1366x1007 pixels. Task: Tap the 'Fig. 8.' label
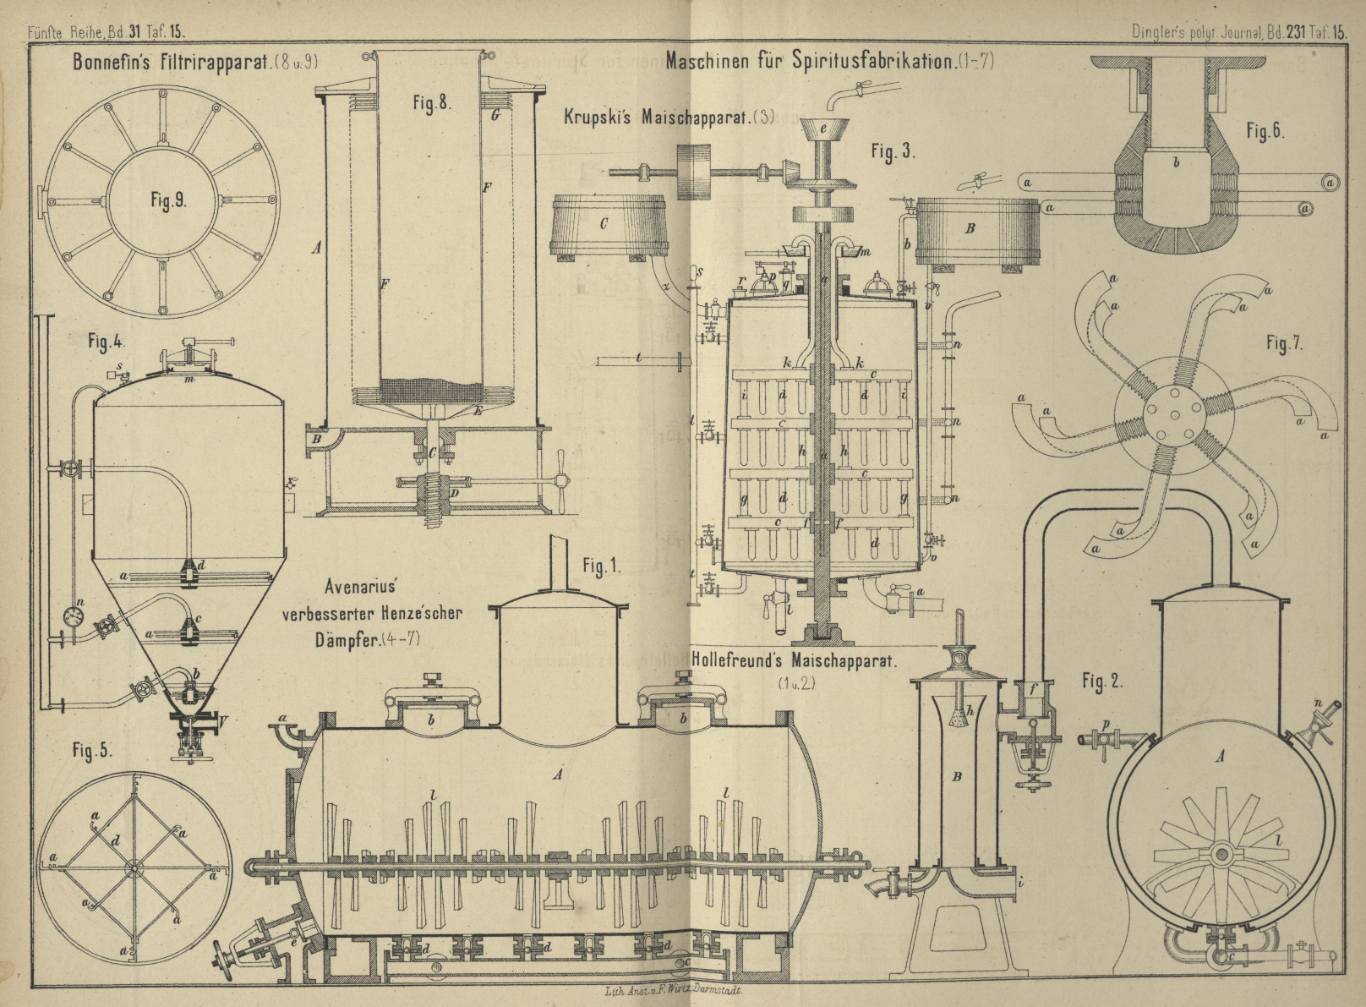tap(431, 103)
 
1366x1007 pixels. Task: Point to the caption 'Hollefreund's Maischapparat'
tap(792, 660)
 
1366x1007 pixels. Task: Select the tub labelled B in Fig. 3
tap(975, 228)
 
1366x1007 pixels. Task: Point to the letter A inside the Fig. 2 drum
tap(1219, 758)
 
